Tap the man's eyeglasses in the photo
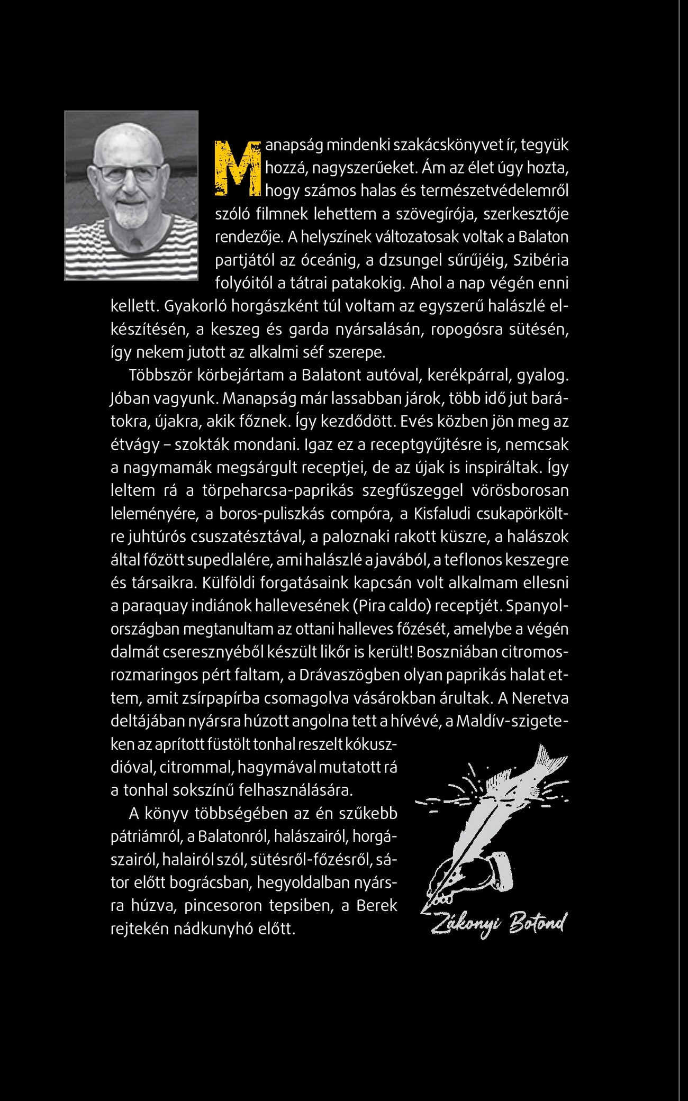[129, 171]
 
